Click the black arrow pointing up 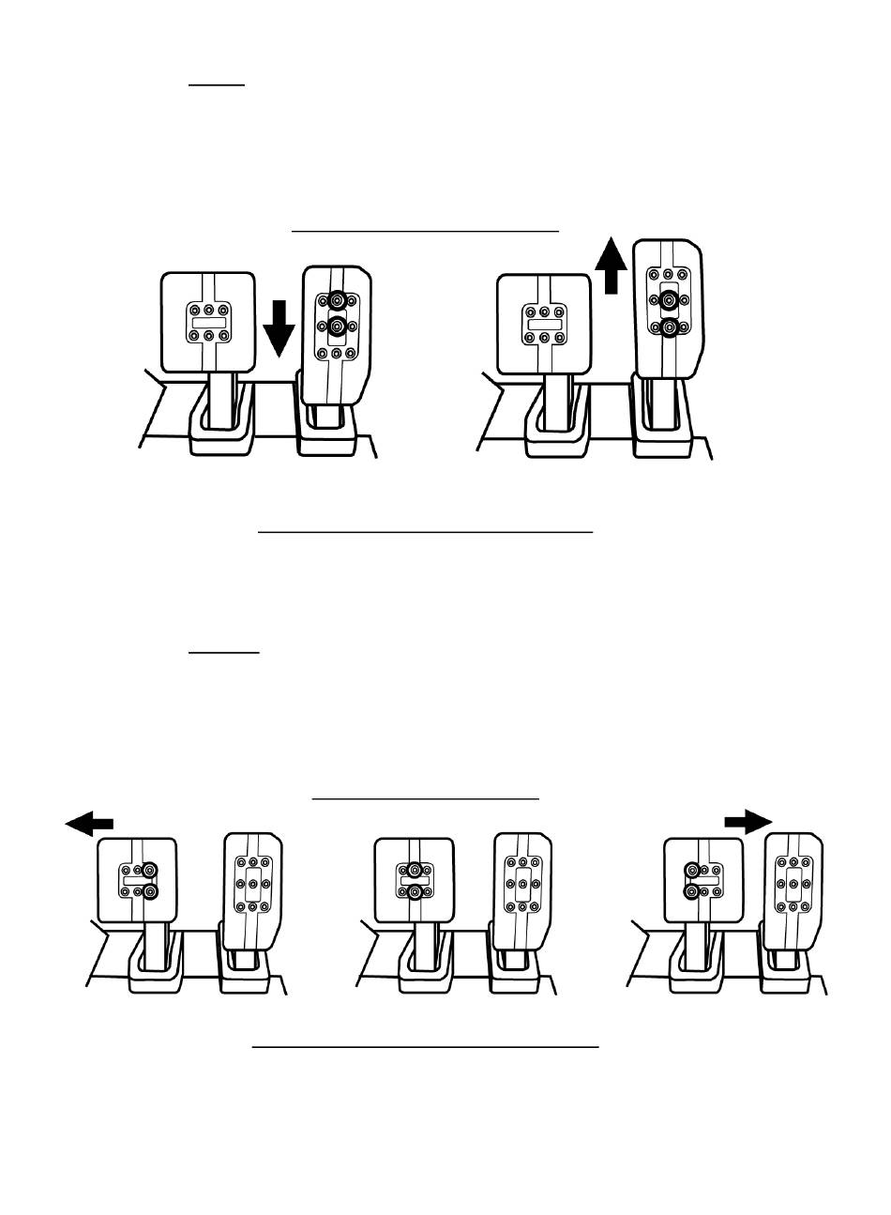tap(614, 265)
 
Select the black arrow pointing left tap(89, 823)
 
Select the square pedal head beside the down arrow tap(208, 321)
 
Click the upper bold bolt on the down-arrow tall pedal tap(336, 302)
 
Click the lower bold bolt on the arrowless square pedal tap(415, 892)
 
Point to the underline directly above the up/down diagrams tap(425, 229)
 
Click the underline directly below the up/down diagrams tap(425, 532)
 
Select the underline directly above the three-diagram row tap(426, 798)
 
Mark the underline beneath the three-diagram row tap(425, 1045)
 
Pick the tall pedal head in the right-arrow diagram tap(793, 882)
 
